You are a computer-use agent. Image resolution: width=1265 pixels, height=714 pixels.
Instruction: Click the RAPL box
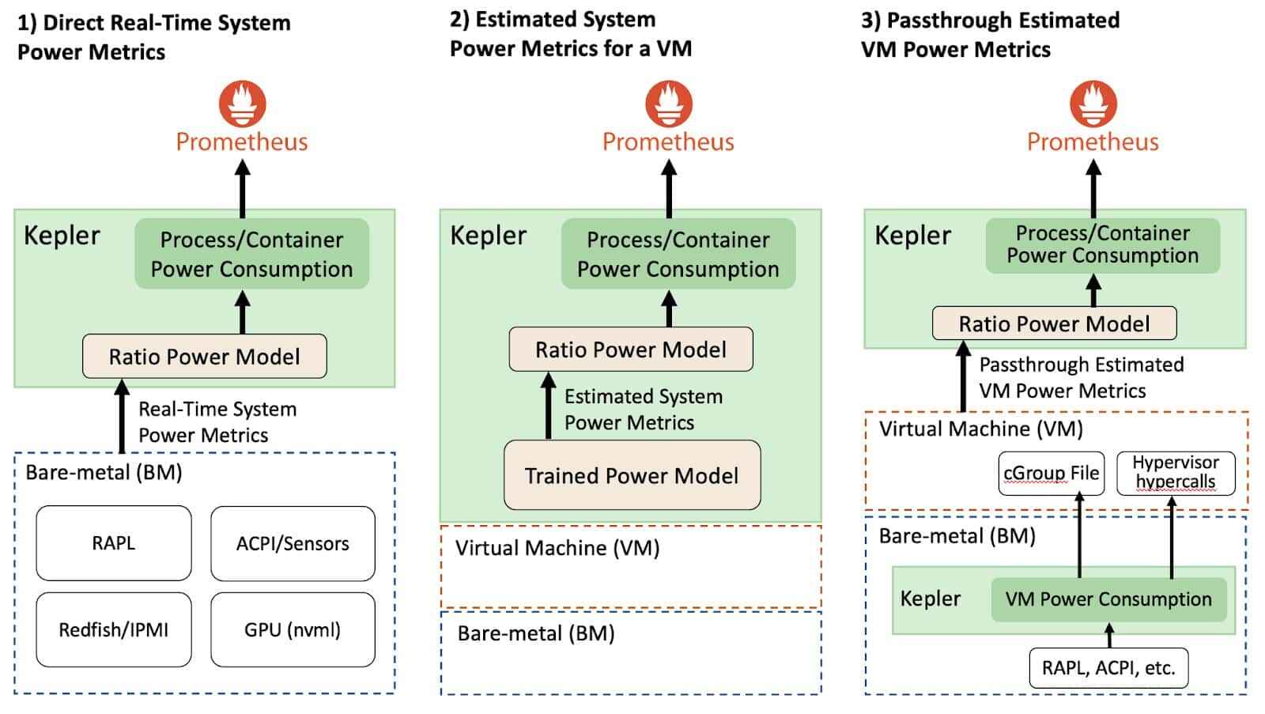[113, 543]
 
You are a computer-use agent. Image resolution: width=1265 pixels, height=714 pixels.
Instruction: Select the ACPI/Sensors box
[293, 543]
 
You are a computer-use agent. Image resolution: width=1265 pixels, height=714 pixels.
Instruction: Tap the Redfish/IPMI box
[113, 629]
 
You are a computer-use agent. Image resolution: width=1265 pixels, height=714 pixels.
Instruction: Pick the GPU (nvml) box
[293, 629]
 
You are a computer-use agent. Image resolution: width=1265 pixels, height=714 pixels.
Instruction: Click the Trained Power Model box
[632, 475]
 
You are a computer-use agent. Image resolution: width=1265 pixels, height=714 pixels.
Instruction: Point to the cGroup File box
[1051, 473]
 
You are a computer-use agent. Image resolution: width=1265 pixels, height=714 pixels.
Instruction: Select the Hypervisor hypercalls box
[1176, 472]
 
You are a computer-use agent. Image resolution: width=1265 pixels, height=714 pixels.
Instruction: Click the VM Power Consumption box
[1108, 599]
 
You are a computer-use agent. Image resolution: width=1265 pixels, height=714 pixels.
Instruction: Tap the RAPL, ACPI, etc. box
[1108, 668]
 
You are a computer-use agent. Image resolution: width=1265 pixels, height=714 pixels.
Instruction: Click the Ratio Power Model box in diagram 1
[204, 357]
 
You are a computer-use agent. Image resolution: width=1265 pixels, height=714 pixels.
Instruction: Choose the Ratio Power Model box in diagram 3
[1054, 323]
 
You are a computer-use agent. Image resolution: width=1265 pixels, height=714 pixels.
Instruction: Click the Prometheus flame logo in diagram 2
[669, 104]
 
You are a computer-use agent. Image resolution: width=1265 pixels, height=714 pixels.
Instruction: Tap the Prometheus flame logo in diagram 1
[242, 104]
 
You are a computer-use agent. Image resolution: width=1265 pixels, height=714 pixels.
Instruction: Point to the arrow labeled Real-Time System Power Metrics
[122, 417]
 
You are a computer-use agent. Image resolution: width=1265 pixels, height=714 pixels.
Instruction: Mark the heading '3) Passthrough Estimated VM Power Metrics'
[990, 35]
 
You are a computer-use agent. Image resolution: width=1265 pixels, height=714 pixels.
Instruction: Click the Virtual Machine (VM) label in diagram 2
[557, 548]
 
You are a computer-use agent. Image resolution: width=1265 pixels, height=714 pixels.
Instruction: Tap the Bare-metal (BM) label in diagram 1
[104, 473]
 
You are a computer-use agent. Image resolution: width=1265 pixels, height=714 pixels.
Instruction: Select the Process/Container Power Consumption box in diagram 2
[678, 254]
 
